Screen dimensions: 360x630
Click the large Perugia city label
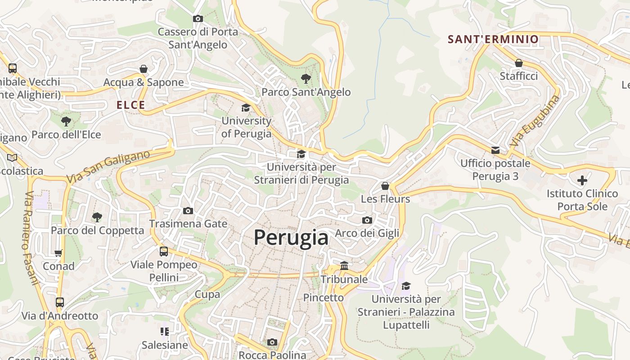[x=291, y=237]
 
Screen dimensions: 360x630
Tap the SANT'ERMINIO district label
[x=493, y=39]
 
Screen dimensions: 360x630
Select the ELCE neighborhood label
[x=131, y=105]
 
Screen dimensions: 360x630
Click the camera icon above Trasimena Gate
[x=188, y=211]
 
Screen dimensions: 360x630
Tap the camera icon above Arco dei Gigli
[x=367, y=220]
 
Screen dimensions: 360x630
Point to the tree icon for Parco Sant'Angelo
[x=306, y=79]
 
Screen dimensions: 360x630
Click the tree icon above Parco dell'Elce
[x=66, y=121]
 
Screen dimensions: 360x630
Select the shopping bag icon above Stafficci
[x=519, y=63]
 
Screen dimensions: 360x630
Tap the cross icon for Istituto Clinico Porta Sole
[x=582, y=180]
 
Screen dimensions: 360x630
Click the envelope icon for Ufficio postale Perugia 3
[x=495, y=150]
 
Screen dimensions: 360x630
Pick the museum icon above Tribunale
[x=344, y=266]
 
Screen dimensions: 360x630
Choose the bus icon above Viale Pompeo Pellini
[x=164, y=252]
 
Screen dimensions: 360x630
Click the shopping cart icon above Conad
[x=58, y=253]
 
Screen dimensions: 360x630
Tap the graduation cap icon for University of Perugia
[x=246, y=108]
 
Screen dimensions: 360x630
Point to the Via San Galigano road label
[x=108, y=167]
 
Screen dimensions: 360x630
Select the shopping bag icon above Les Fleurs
[x=385, y=186]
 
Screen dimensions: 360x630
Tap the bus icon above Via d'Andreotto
[x=60, y=302]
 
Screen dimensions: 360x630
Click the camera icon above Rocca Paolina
[x=272, y=342]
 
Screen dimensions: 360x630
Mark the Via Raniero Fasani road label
[x=31, y=238]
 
